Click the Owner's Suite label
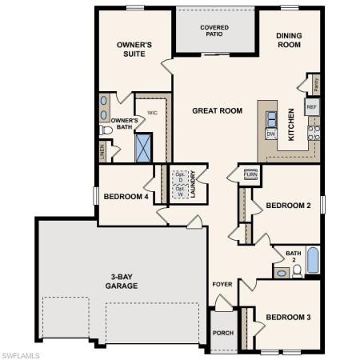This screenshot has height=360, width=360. point(134,50)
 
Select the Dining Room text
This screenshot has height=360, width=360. point(289,40)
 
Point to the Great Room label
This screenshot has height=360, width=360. point(217,110)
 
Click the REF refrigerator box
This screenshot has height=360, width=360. point(312,106)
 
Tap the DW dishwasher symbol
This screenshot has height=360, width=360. point(270,134)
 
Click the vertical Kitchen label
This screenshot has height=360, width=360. point(291,125)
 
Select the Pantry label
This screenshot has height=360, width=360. point(315,82)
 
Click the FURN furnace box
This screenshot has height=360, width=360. point(250,174)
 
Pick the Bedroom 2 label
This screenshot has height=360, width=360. point(288,206)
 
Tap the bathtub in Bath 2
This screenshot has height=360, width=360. point(313,260)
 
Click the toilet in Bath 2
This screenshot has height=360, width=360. point(297,271)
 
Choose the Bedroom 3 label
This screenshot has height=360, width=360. point(288,316)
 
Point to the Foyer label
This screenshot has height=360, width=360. point(222,284)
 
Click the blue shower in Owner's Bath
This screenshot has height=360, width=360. point(144,149)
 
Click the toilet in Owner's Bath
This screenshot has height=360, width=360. point(106,130)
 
